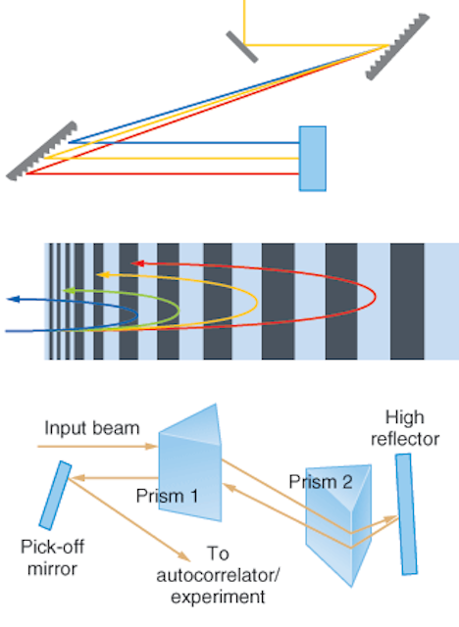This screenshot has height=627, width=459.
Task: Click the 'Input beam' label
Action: (92, 428)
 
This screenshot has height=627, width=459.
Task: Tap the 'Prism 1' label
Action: (167, 496)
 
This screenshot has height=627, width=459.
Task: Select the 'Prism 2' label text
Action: (321, 482)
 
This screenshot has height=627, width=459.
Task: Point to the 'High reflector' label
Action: (405, 428)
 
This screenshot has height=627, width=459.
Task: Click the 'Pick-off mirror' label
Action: (52, 557)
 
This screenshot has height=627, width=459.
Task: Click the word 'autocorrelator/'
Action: (218, 576)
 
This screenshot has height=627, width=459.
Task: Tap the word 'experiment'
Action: (218, 598)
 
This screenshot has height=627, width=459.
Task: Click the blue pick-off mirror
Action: (55, 496)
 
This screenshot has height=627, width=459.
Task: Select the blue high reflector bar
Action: (406, 514)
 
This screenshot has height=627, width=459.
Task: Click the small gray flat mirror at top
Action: (241, 47)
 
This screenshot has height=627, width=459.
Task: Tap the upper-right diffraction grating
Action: (397, 47)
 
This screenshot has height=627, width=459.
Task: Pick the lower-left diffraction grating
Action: (41, 151)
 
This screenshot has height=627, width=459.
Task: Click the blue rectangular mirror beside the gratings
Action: (313, 159)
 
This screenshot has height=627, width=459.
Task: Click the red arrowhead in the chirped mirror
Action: (137, 264)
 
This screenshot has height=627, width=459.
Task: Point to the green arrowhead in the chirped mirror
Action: (70, 291)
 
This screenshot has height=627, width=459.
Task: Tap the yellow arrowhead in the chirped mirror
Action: (103, 274)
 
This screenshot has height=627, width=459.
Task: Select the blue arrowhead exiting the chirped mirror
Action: (14, 299)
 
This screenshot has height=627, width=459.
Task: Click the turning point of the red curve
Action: (376, 297)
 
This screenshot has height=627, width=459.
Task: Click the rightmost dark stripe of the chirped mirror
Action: (407, 301)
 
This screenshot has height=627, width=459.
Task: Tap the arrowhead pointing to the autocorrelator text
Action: (184, 555)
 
